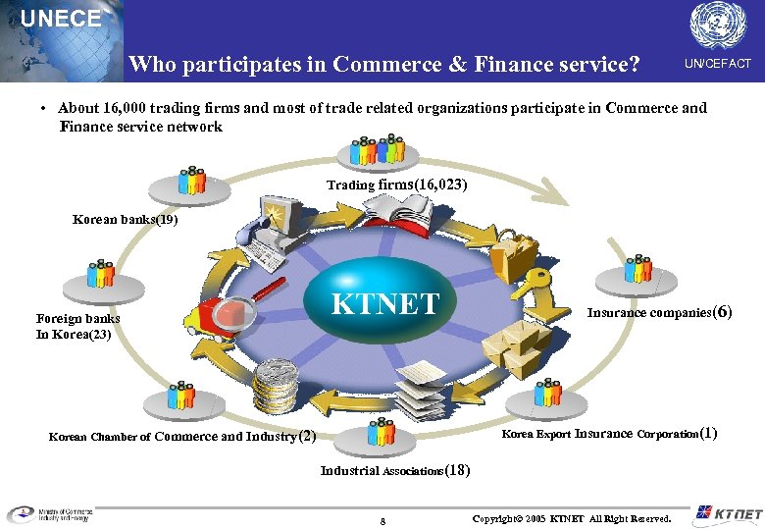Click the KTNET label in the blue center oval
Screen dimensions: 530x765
pos(385,303)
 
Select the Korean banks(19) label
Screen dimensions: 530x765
pos(126,220)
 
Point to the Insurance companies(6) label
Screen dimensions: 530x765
pos(659,313)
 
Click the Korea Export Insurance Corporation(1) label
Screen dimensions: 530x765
pos(609,434)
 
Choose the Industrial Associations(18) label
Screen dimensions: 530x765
pos(395,471)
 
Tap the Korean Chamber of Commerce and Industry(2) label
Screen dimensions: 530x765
pos(182,437)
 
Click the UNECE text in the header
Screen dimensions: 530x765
pos(61,18)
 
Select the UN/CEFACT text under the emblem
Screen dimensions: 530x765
pos(718,64)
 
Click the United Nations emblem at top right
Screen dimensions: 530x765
pos(718,25)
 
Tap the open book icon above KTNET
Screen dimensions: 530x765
pos(397,207)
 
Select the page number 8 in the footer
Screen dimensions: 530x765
pos(382,520)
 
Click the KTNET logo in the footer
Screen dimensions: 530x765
pos(727,513)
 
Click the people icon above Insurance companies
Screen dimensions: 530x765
pos(638,269)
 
